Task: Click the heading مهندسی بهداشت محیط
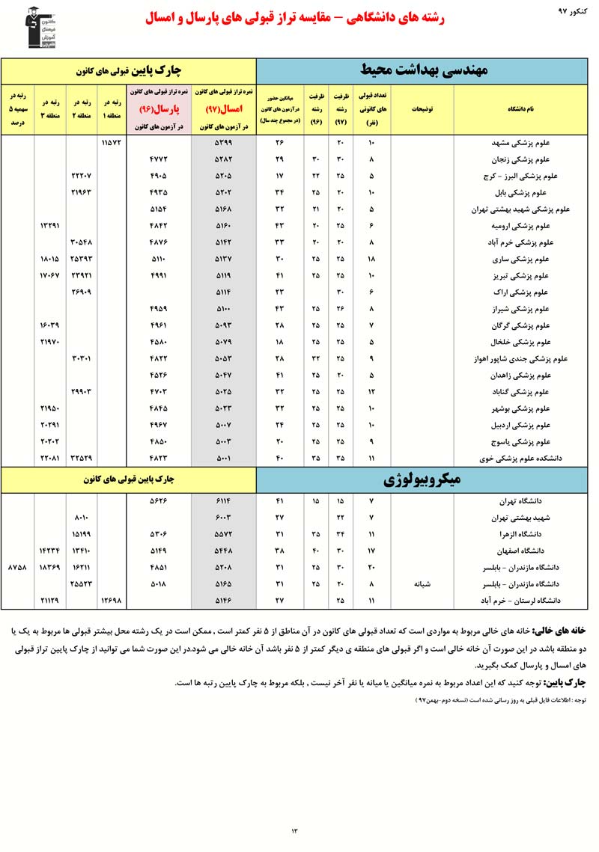[x=425, y=72]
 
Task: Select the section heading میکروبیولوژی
[x=425, y=479]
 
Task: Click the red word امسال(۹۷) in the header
[x=223, y=108]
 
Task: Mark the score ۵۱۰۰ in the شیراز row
[x=222, y=308]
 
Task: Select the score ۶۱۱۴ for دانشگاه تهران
[x=222, y=500]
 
